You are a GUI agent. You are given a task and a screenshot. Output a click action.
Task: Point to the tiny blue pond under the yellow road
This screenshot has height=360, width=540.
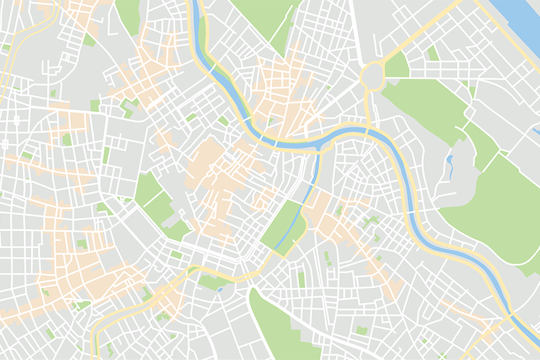(220, 290)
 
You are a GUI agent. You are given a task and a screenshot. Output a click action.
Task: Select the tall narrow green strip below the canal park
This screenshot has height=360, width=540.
(301, 280)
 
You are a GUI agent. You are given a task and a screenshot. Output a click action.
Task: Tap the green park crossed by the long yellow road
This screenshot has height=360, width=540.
(210, 281)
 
